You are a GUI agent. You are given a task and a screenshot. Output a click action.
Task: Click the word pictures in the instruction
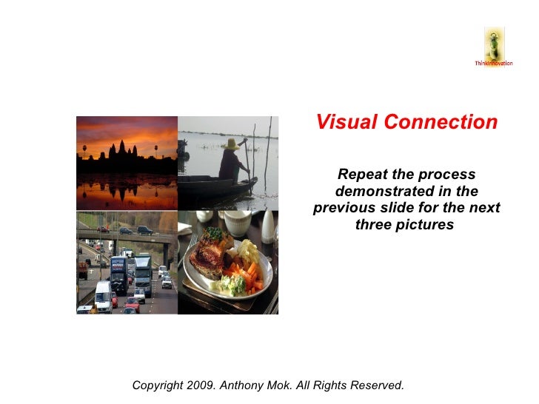[425, 224]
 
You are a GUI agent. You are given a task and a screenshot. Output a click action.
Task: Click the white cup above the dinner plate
[238, 223]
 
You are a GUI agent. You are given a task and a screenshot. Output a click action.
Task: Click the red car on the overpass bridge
[104, 230]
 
